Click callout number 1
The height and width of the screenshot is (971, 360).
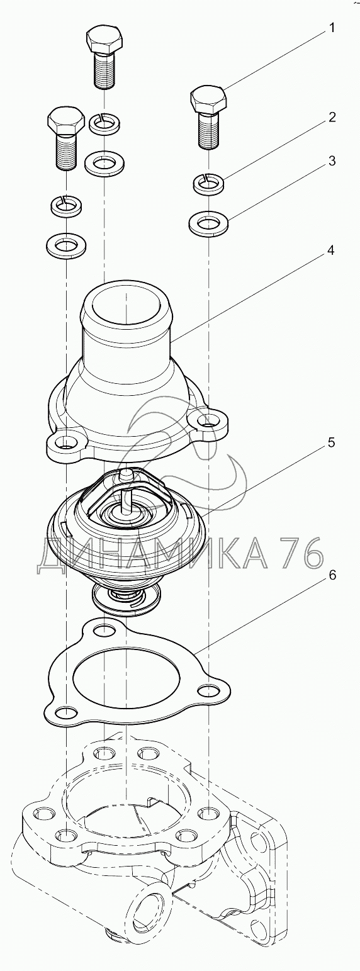(x=331, y=28)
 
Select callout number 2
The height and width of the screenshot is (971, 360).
(x=332, y=117)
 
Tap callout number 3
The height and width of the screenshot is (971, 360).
(x=332, y=161)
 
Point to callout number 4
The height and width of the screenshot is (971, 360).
(x=330, y=250)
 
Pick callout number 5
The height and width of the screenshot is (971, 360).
(x=331, y=442)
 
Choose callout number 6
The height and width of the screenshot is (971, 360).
(x=332, y=575)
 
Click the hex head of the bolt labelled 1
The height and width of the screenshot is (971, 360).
(x=209, y=99)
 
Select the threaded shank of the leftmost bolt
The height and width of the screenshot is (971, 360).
(x=66, y=151)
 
